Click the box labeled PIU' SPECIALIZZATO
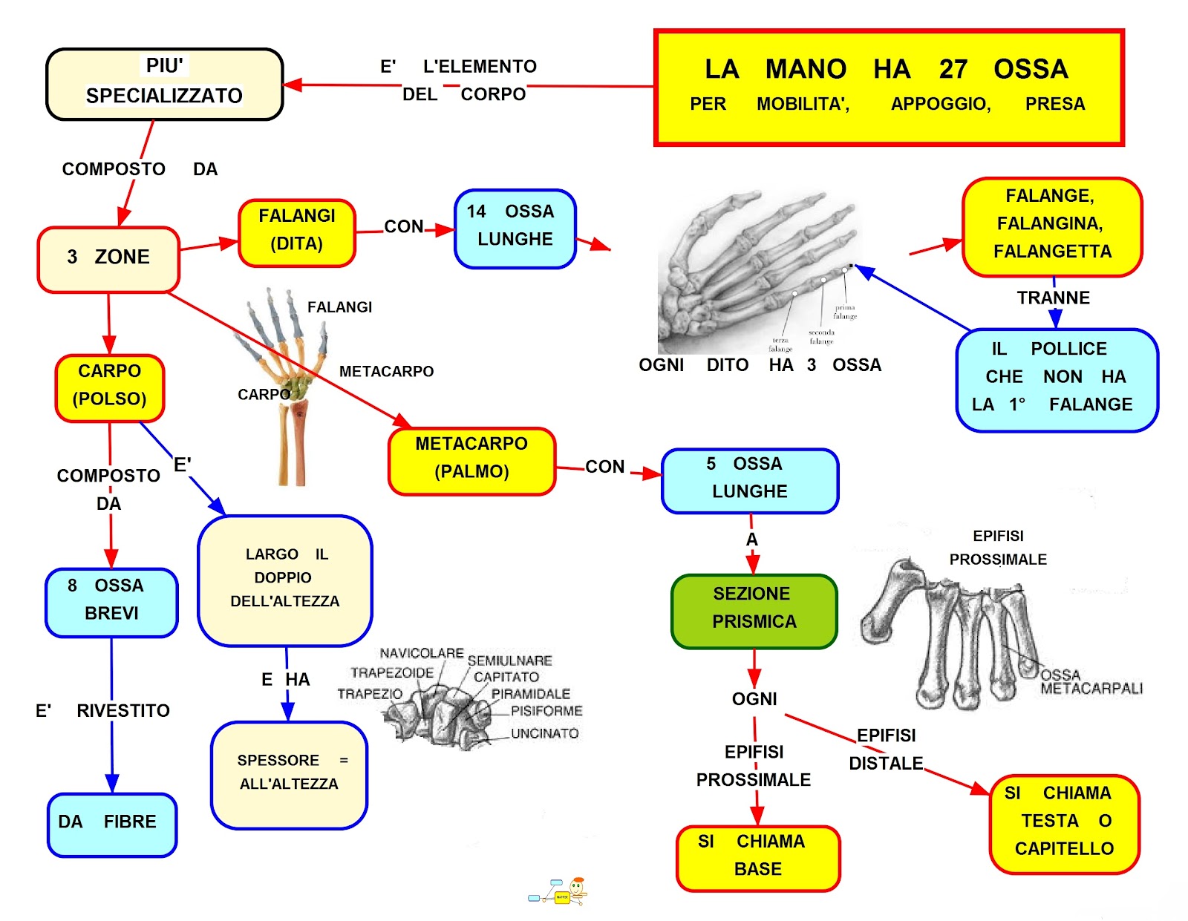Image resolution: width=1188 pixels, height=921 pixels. pyautogui.click(x=164, y=84)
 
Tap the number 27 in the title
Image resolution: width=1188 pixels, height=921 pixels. pyautogui.click(x=953, y=69)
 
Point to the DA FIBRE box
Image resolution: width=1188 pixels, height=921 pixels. pyautogui.click(x=111, y=825)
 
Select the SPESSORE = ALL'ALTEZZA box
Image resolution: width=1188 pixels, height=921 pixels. pyautogui.click(x=289, y=775)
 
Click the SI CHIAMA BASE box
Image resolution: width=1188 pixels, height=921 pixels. pyautogui.click(x=757, y=858)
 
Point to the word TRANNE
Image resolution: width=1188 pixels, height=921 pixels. pyautogui.click(x=1053, y=298)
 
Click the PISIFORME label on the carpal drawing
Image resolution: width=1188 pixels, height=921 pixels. pyautogui.click(x=546, y=711)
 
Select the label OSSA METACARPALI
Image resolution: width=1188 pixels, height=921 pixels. pyautogui.click(x=1091, y=682)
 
